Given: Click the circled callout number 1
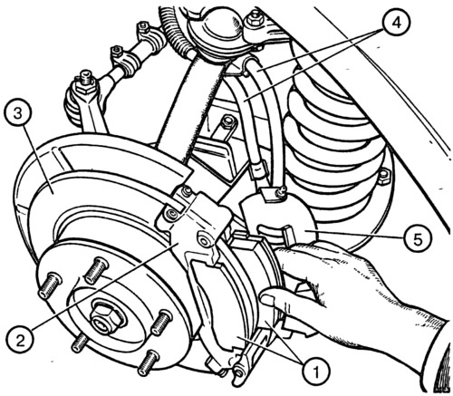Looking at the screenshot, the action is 315,372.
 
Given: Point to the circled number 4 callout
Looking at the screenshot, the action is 396,23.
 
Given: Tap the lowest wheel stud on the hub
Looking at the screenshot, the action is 147,362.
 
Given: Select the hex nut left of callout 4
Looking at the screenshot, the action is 254,20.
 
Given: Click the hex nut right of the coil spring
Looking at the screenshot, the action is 383,178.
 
